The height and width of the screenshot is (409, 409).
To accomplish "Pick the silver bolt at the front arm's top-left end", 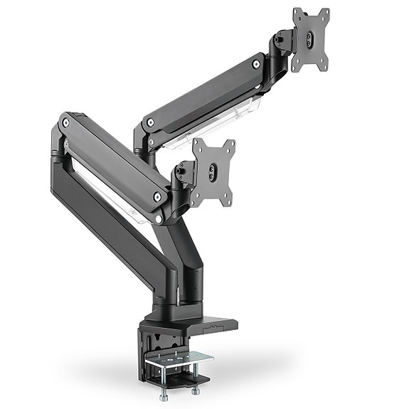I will click(66, 123).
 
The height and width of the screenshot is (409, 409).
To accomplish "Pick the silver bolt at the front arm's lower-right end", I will click(156, 194).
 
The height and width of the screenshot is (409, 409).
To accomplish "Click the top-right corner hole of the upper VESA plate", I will click(326, 13).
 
